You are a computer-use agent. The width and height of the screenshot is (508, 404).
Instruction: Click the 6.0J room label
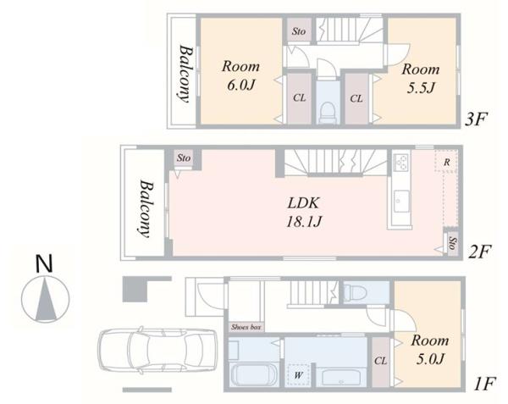[240, 75]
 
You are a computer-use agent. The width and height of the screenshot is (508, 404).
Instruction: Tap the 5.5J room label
[421, 79]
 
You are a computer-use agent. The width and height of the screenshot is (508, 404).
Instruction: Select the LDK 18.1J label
[304, 213]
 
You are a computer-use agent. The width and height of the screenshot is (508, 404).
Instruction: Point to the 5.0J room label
[430, 350]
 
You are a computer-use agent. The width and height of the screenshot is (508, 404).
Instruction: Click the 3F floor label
[476, 119]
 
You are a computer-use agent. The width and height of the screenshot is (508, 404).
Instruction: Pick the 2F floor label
[480, 252]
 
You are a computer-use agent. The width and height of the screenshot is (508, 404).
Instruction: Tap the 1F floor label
[484, 385]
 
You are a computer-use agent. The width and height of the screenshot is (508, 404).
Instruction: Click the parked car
[157, 350]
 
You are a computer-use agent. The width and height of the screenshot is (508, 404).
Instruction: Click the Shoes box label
[246, 327]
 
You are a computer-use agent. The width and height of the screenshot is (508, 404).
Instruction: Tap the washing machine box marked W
[298, 375]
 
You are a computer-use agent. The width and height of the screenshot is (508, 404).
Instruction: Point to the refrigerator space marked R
[446, 161]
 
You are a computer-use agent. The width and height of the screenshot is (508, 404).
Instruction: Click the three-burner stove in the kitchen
[401, 161]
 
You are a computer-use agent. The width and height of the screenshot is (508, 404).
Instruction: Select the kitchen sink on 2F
[401, 202]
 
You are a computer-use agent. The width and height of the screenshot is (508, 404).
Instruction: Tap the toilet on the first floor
[355, 292]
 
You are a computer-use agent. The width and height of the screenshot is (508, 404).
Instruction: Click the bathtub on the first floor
[341, 378]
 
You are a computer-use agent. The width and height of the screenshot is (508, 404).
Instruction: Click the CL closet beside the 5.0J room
[381, 361]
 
